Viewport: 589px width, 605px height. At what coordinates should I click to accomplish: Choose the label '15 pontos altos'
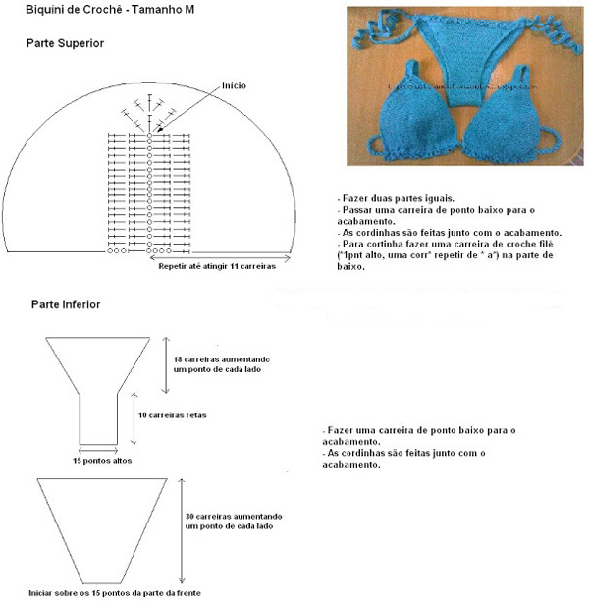[x=102, y=460]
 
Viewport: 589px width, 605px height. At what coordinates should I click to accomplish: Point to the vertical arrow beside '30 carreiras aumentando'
[x=181, y=530]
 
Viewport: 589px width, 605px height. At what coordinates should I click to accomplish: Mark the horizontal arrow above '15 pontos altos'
[x=102, y=450]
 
